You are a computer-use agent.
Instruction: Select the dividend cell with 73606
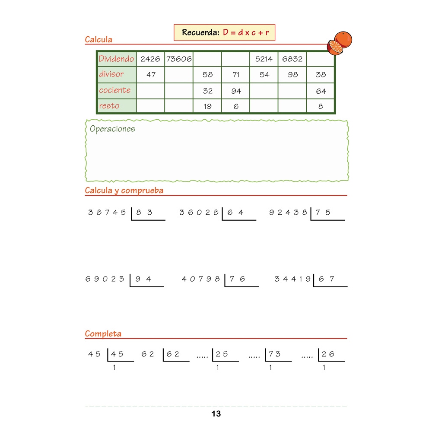coord(179,59)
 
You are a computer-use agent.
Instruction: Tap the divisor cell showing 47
coord(151,75)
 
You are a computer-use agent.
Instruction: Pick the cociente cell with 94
coord(236,91)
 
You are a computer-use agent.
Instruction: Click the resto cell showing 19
coord(208,106)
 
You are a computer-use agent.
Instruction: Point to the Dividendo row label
coord(116,59)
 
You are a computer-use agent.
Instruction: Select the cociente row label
coord(115,90)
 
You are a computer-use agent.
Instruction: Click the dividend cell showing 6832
coord(292,59)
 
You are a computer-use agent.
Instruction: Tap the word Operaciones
coord(112,129)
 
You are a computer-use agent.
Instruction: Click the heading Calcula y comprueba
coord(124,191)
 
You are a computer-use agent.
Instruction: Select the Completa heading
coord(103,334)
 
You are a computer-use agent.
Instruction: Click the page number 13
coord(216,414)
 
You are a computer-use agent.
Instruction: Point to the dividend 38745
coord(107,212)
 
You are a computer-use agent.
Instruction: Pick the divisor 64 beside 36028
coord(235,212)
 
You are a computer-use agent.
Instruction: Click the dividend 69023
coord(105,279)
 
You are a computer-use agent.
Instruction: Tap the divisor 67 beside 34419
coord(327,279)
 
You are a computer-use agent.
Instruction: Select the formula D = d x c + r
coord(246,32)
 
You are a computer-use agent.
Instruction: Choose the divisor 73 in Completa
coord(274,354)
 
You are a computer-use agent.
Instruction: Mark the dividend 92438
coord(288,212)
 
